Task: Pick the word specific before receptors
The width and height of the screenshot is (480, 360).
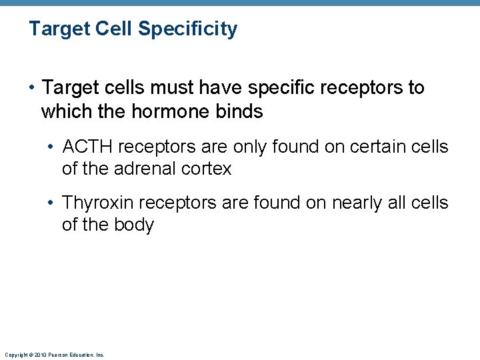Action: click(291, 88)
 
